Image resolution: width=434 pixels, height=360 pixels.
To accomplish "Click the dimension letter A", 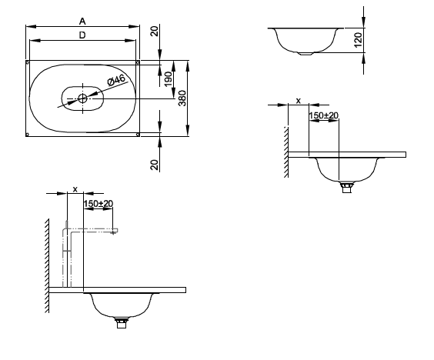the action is click(x=82, y=22).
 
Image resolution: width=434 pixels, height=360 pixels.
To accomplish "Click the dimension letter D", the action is click(x=82, y=35).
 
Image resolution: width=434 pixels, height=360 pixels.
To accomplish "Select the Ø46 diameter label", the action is click(x=116, y=80).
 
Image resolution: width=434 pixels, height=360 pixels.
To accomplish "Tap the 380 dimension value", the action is click(x=182, y=98).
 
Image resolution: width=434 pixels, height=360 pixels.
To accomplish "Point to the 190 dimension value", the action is click(x=168, y=79).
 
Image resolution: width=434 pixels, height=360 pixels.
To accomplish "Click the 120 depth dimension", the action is click(x=358, y=40).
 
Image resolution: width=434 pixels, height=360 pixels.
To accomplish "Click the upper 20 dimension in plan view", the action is click(x=155, y=31).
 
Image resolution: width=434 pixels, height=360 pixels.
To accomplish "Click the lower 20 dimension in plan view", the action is click(x=155, y=165).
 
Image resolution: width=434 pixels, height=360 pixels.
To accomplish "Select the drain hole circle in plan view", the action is click(x=82, y=98).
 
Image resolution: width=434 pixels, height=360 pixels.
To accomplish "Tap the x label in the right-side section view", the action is click(x=298, y=101).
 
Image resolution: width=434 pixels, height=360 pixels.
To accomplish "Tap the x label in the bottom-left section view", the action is click(x=75, y=189).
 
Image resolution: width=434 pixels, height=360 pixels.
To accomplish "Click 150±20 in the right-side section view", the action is click(x=323, y=115).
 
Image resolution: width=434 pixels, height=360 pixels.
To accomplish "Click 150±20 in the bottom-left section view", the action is click(x=98, y=204).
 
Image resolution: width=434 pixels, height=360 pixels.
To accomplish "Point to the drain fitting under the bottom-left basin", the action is click(x=122, y=323).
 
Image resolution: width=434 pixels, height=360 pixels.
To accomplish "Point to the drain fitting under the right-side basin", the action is click(x=346, y=187).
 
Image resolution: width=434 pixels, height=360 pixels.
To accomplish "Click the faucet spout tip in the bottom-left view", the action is click(x=113, y=233).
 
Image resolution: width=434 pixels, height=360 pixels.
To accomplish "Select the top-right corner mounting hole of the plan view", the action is click(x=138, y=62).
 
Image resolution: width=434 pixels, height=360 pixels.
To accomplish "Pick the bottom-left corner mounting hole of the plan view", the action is click(x=27, y=135).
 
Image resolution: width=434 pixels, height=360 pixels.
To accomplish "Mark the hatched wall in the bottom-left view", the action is click(x=47, y=265).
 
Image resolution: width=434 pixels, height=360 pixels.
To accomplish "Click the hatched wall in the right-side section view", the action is click(x=286, y=152).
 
